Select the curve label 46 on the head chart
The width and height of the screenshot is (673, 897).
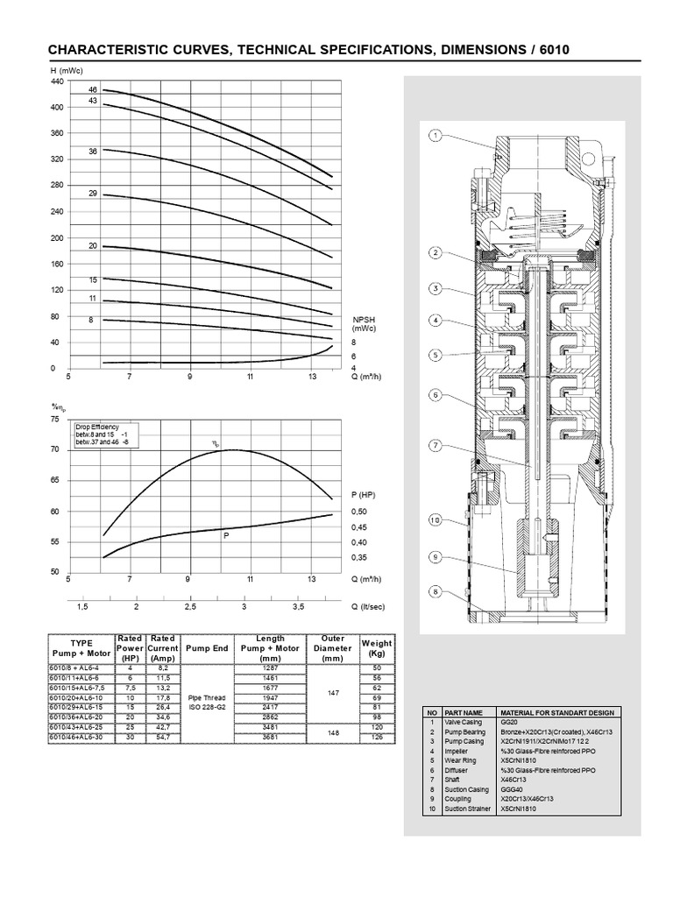[92, 90]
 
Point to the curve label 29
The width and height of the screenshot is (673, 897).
[92, 193]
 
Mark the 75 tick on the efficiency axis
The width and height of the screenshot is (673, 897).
[54, 420]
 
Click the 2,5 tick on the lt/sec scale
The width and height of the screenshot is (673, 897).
[190, 606]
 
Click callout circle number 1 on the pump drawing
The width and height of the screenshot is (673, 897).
[435, 136]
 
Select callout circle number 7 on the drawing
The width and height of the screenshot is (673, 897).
[435, 447]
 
